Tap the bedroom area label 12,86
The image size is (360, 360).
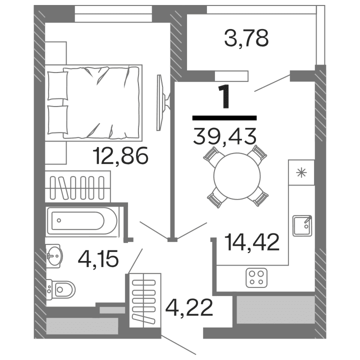[x=121, y=157]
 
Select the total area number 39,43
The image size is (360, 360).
[x=224, y=135]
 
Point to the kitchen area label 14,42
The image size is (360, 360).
[x=251, y=243]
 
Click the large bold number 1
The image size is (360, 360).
[x=225, y=97]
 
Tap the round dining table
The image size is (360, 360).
[x=237, y=175]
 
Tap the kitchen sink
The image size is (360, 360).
[x=302, y=225]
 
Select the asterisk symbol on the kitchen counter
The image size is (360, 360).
[x=301, y=173]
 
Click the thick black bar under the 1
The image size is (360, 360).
[x=224, y=118]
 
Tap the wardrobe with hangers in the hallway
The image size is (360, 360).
[x=145, y=300]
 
